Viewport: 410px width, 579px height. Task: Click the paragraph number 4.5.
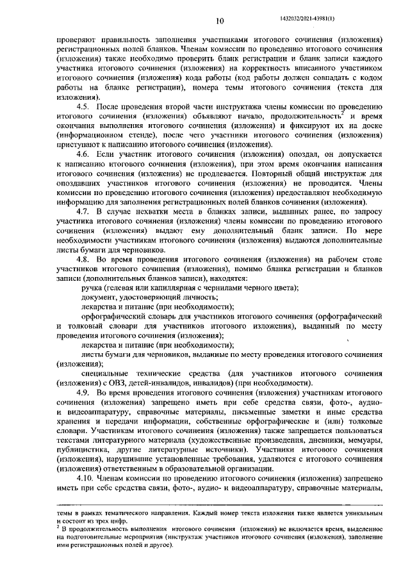(85, 106)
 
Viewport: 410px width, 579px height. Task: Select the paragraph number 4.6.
(85, 155)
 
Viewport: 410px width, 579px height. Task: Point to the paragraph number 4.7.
(85, 211)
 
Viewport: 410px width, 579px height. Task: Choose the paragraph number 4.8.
(85, 260)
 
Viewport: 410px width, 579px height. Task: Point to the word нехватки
(149, 211)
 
